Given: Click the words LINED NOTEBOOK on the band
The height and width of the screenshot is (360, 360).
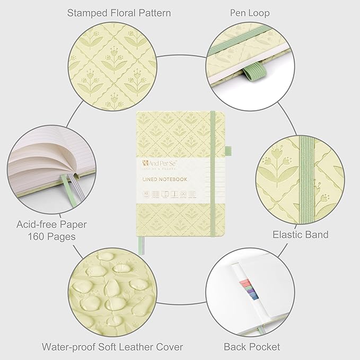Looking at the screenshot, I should click(x=164, y=179).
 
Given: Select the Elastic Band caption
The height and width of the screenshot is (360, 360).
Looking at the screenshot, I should click(x=300, y=234).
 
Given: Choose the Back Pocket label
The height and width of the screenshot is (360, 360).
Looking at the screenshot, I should click(x=252, y=347).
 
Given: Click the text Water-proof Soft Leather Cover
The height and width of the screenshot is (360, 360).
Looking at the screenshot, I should click(x=112, y=347).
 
